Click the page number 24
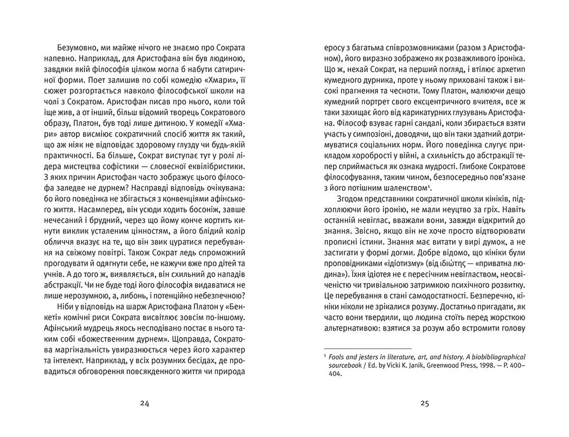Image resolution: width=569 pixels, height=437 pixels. pos(145,404)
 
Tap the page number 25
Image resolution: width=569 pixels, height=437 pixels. pos(425,404)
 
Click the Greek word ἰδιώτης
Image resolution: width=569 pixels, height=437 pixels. pos(452,264)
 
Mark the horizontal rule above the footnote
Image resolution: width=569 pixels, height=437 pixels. pos(368,349)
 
